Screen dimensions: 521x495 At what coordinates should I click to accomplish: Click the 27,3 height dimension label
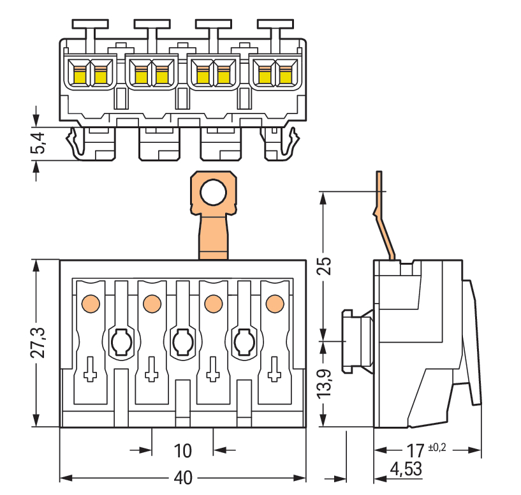tap(38, 343)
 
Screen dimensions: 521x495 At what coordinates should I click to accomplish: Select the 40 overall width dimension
tap(183, 478)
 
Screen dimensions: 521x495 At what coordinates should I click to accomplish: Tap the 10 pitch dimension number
tap(183, 450)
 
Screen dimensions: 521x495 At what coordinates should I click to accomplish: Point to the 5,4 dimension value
tap(38, 143)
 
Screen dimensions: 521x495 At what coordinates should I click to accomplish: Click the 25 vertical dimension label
tap(324, 265)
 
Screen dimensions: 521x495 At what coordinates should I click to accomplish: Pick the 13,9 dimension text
tap(324, 383)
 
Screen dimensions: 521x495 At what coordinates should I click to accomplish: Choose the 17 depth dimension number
tap(415, 450)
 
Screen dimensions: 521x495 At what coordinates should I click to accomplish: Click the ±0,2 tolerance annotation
tap(437, 447)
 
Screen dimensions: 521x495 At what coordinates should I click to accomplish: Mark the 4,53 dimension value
tap(406, 469)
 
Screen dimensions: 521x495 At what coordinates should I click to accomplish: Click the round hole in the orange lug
tap(214, 192)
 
